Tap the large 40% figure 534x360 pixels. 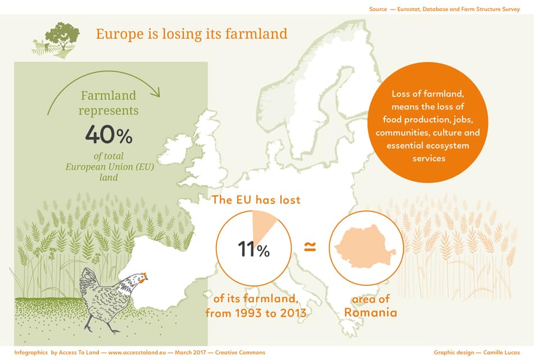(108, 135)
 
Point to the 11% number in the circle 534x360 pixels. (254, 249)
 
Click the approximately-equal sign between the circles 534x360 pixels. (309, 246)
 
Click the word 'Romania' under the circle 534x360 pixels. (370, 313)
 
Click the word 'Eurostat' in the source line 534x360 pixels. (406, 9)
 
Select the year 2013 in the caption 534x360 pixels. (292, 313)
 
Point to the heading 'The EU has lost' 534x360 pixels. (256, 200)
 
